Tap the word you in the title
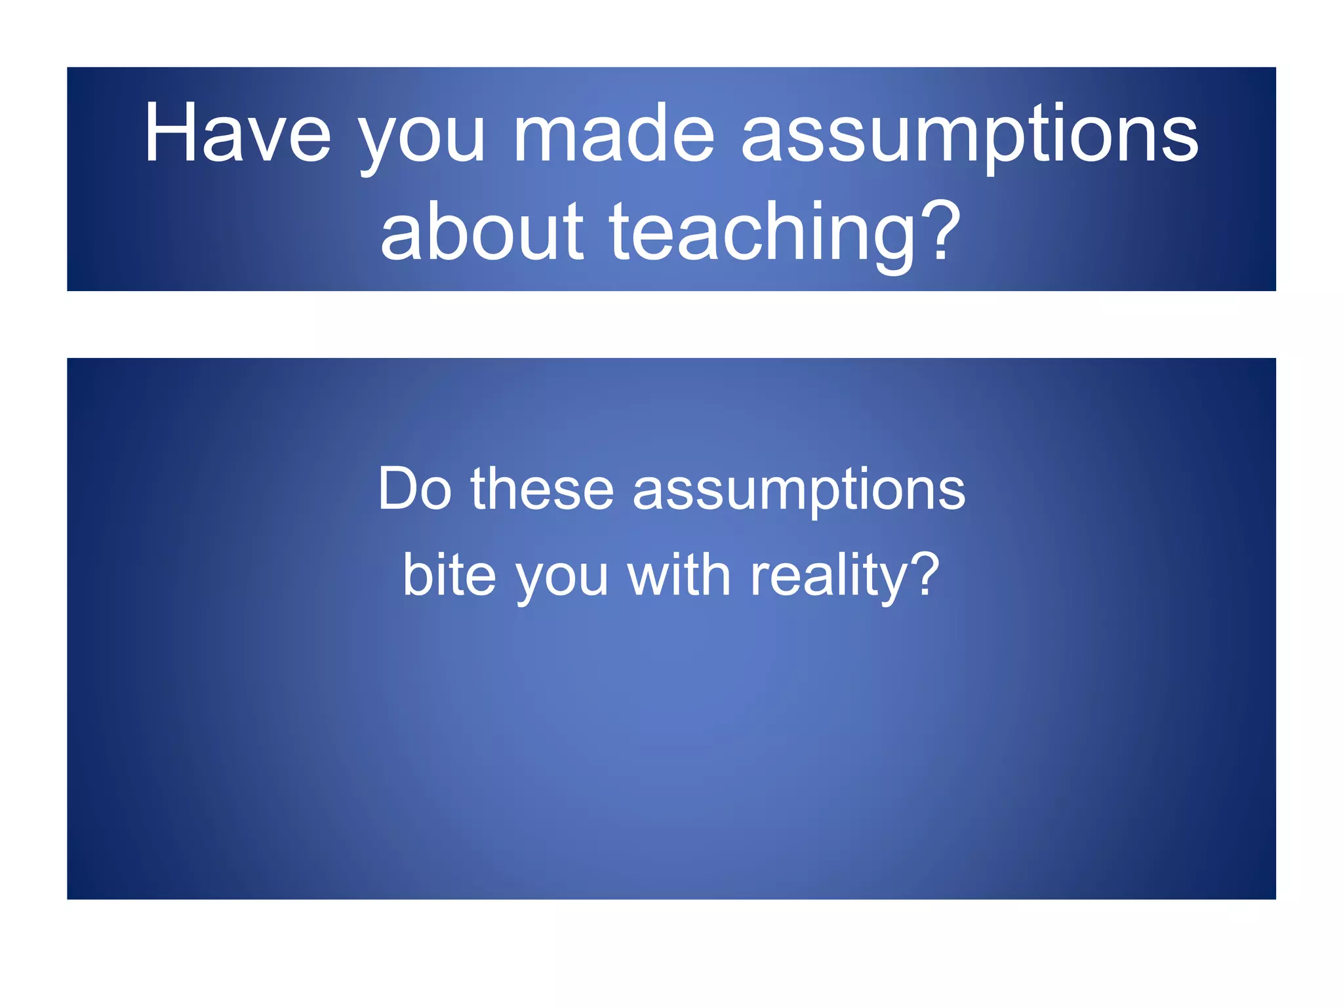point(421,138)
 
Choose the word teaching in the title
point(762,233)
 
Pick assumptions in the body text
point(799,492)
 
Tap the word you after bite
point(562,578)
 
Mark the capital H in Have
point(170,132)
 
